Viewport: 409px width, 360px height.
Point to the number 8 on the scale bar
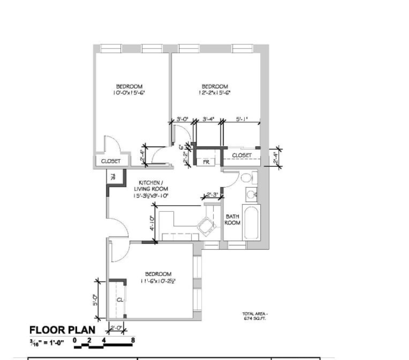(133, 341)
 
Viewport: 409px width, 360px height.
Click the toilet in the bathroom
(247, 178)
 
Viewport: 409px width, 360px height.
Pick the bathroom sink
(250, 195)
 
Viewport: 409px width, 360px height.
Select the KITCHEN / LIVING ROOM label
(151, 189)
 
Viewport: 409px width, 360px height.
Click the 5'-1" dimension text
(242, 120)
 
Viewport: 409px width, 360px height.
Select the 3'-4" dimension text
(208, 120)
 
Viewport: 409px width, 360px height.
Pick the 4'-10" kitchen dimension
(152, 223)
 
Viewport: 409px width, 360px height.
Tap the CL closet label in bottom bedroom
(120, 300)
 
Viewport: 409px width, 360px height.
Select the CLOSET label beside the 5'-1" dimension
(241, 155)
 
